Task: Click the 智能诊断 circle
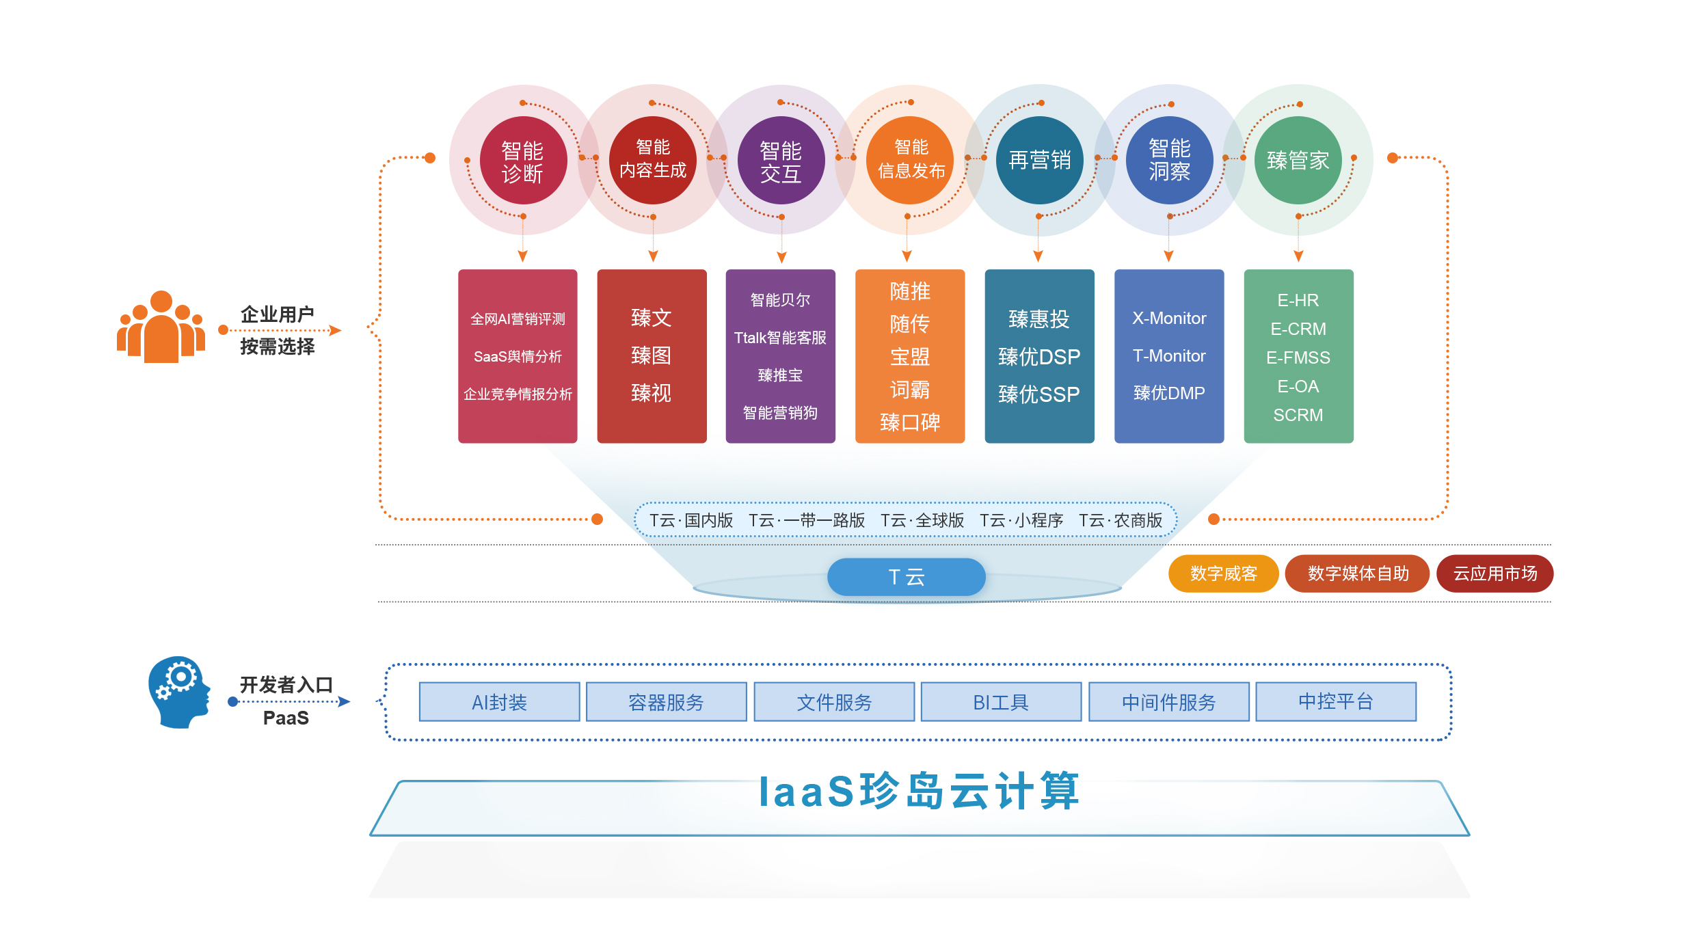pyautogui.click(x=523, y=161)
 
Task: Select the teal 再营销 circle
pyautogui.click(x=1039, y=161)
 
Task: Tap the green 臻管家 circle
pyautogui.click(x=1298, y=161)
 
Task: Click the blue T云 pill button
pyautogui.click(x=906, y=577)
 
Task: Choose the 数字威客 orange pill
pyautogui.click(x=1223, y=573)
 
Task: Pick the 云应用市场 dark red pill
pyautogui.click(x=1494, y=573)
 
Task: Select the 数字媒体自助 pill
pyautogui.click(x=1357, y=573)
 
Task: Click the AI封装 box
pyautogui.click(x=499, y=702)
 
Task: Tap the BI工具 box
pyautogui.click(x=1001, y=702)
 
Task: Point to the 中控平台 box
pyautogui.click(x=1335, y=701)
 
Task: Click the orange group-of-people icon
pyautogui.click(x=161, y=327)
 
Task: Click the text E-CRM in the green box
pyautogui.click(x=1298, y=329)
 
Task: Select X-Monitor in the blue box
pyautogui.click(x=1169, y=319)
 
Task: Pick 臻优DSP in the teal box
pyautogui.click(x=1039, y=357)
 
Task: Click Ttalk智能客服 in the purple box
pyautogui.click(x=780, y=338)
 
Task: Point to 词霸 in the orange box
pyautogui.click(x=909, y=390)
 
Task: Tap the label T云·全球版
pyautogui.click(x=922, y=521)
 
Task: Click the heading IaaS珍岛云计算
pyautogui.click(x=919, y=792)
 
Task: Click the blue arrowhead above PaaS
pyautogui.click(x=345, y=701)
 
